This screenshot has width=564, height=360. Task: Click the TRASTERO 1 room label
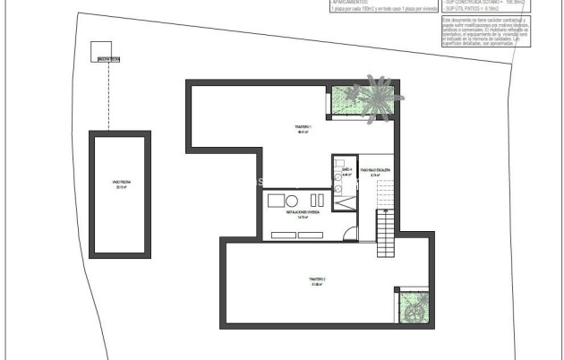[302, 129]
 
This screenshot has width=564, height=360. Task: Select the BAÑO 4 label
[346, 170]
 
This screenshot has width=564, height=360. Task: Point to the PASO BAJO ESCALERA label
[375, 170]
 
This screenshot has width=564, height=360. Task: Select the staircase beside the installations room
[385, 235]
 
